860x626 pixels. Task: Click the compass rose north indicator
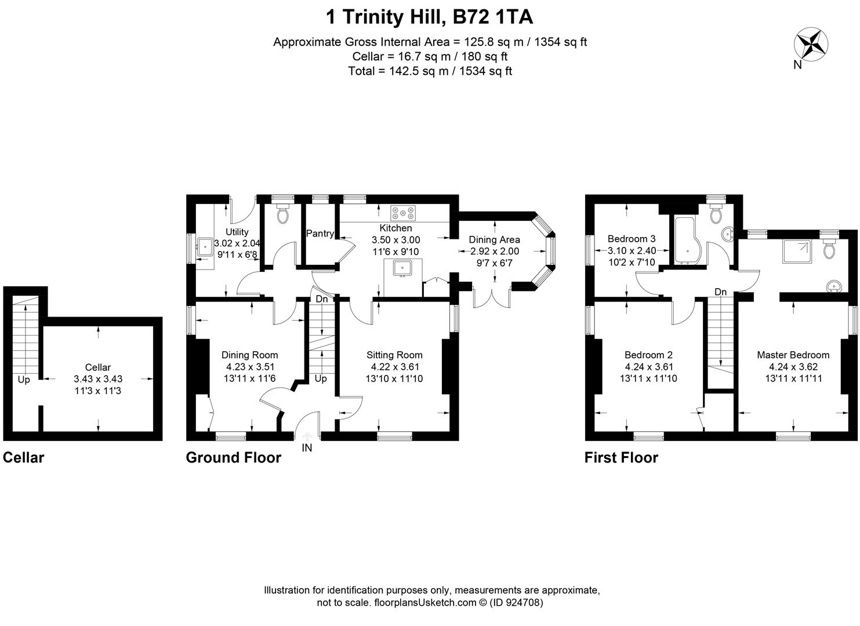(810, 45)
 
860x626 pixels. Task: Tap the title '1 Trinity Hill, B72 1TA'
(430, 17)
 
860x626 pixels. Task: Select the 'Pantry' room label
(320, 234)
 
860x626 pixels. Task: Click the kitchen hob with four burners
(402, 213)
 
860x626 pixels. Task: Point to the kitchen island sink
(402, 268)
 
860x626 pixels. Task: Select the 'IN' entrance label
(307, 448)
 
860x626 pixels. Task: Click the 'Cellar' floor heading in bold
(24, 458)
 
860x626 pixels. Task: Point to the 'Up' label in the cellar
(24, 380)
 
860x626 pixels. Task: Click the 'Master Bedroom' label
(793, 355)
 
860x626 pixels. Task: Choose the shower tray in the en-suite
(797, 250)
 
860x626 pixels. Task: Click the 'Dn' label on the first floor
(720, 292)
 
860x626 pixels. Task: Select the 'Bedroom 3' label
(632, 239)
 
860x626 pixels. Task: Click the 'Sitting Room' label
(394, 355)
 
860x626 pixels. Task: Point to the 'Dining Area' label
(494, 240)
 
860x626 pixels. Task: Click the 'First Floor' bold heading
(621, 458)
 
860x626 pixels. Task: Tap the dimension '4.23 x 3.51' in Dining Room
(250, 367)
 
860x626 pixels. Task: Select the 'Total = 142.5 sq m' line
(430, 71)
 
